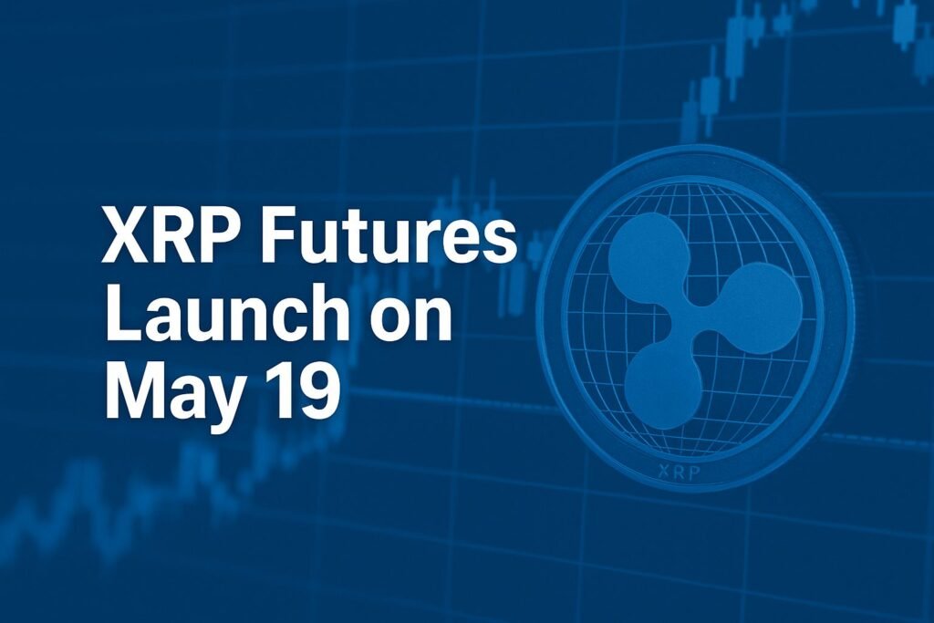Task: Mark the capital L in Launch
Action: (x=120, y=317)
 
